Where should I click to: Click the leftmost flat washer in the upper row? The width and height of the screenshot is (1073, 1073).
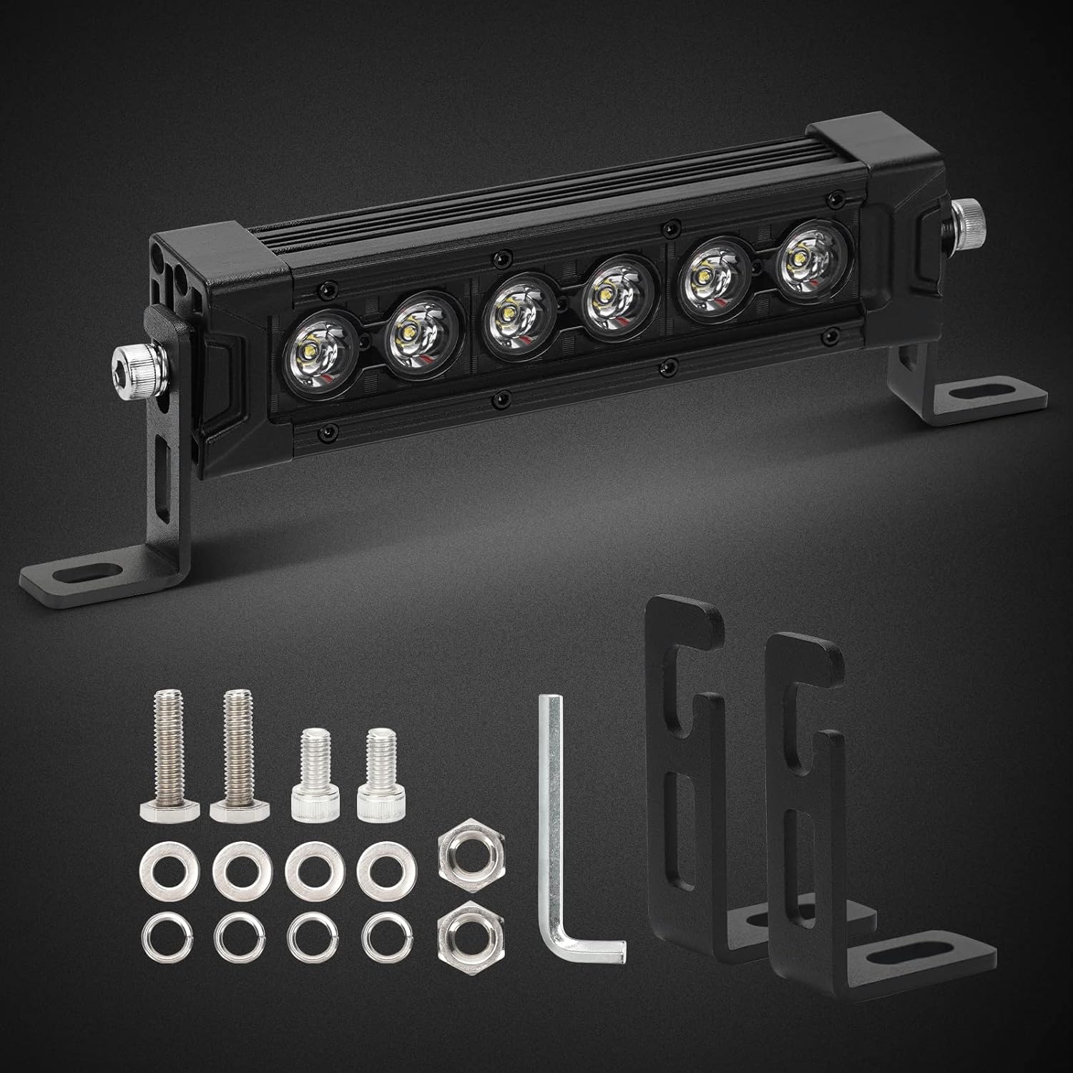point(163,867)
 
